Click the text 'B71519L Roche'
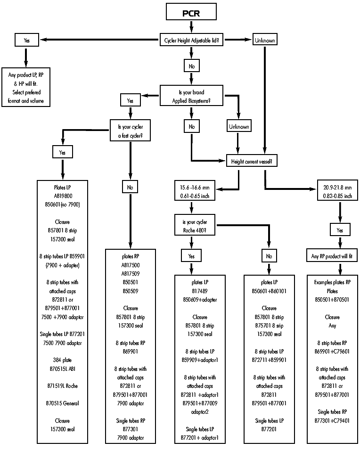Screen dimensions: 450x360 [62, 386]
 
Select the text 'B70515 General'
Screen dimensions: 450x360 [62, 403]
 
